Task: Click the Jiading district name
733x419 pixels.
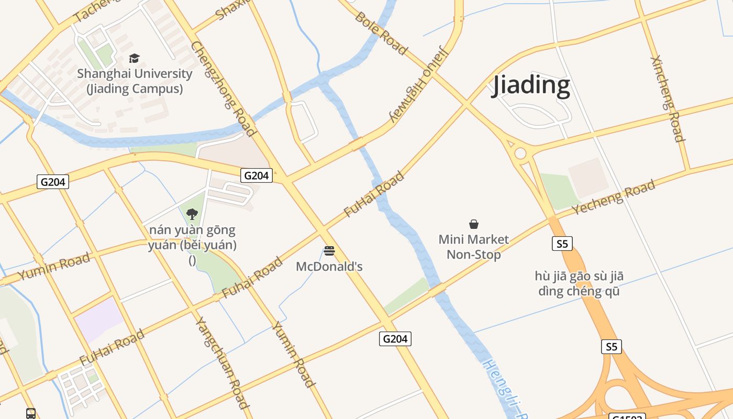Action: point(530,85)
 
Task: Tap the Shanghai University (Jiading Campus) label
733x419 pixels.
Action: point(135,81)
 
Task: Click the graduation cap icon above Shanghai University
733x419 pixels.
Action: point(135,58)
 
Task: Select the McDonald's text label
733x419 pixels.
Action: point(329,267)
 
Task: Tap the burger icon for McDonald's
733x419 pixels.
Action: point(329,251)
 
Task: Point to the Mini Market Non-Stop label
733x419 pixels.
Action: point(473,247)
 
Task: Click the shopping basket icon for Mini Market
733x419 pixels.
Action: point(474,224)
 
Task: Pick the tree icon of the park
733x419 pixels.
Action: point(192,214)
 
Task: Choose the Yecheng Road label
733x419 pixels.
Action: point(613,196)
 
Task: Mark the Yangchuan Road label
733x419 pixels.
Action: point(221,362)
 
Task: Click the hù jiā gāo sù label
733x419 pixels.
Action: point(579,283)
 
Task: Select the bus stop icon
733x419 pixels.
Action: point(31,414)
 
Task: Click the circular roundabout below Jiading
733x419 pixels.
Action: point(520,153)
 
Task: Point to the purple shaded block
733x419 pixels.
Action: point(98,318)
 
